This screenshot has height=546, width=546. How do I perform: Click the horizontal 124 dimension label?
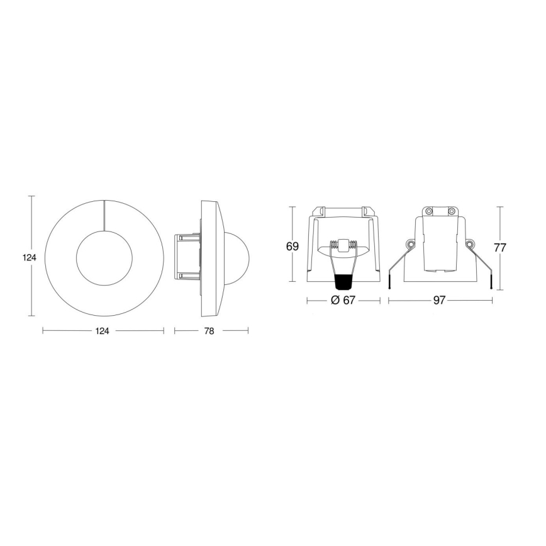pyautogui.click(x=103, y=331)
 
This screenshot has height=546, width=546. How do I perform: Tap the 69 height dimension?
pyautogui.click(x=292, y=246)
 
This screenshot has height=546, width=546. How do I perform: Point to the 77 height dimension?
pyautogui.click(x=499, y=247)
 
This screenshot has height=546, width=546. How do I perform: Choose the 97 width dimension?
pyautogui.click(x=439, y=301)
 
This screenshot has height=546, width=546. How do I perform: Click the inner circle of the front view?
pyautogui.click(x=104, y=257)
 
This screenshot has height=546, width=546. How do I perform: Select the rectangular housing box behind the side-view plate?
pyautogui.click(x=187, y=257)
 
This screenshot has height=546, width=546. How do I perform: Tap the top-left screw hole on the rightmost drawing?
pyautogui.click(x=428, y=211)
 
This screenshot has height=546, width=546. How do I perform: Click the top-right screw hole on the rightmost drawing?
pyautogui.click(x=451, y=211)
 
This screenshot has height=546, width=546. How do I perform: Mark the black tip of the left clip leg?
pyautogui.click(x=390, y=286)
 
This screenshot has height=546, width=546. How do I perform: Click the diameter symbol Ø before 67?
pyautogui.click(x=335, y=301)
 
